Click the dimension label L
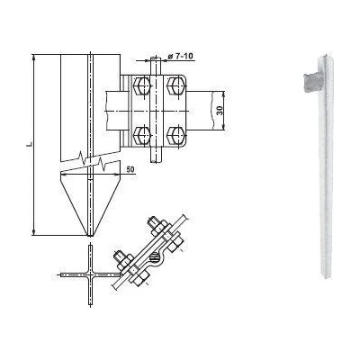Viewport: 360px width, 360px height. pyautogui.click(x=29, y=145)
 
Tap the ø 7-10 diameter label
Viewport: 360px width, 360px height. pyautogui.click(x=180, y=56)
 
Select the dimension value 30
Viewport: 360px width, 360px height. pyautogui.click(x=220, y=111)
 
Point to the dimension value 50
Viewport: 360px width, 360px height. pyautogui.click(x=130, y=169)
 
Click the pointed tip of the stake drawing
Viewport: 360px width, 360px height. pyautogui.click(x=90, y=235)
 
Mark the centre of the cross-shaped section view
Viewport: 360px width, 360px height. pyautogui.click(x=90, y=274)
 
